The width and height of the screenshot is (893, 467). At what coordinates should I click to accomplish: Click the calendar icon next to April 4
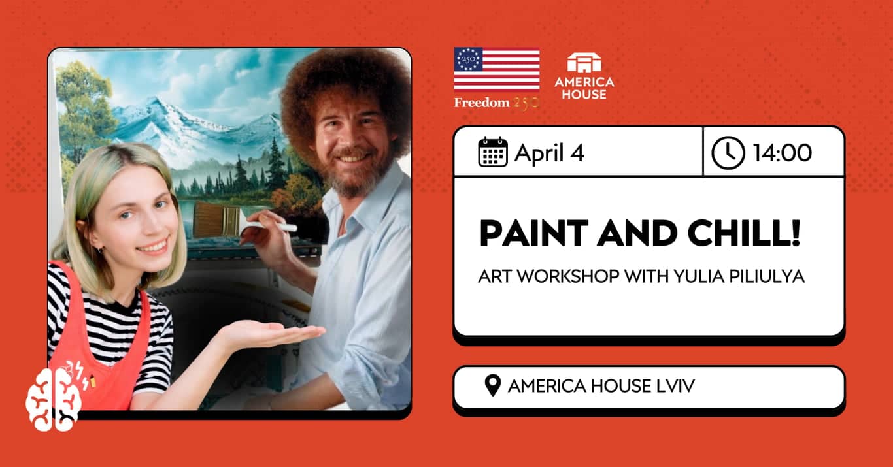492,152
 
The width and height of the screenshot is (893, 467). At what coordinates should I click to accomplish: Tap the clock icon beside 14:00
728,153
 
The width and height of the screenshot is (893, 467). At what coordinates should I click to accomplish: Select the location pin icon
493,385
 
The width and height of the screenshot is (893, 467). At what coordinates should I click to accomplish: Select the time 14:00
782,153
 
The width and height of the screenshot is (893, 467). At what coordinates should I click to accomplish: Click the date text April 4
549,153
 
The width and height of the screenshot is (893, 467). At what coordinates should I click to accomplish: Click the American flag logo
497,69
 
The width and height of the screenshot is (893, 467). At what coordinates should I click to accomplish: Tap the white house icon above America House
584,63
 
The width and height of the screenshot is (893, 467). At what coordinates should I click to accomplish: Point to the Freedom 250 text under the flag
497,103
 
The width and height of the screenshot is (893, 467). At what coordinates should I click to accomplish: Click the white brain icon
53,399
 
